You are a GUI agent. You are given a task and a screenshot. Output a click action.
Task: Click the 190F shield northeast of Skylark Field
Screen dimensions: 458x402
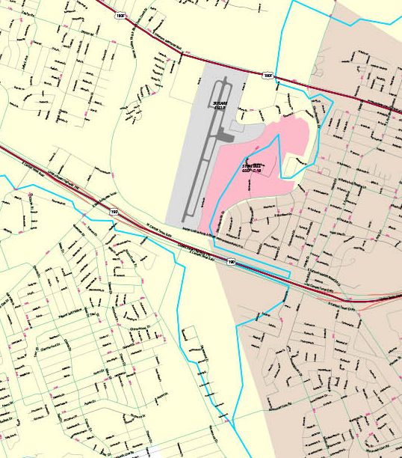(x=268, y=76)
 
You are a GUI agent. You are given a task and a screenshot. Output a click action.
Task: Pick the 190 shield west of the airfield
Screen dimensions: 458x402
(x=114, y=213)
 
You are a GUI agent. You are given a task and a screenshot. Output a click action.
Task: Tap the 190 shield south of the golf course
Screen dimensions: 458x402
(x=231, y=263)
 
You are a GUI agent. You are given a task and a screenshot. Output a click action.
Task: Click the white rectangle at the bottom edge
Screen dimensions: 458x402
(x=154, y=452)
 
